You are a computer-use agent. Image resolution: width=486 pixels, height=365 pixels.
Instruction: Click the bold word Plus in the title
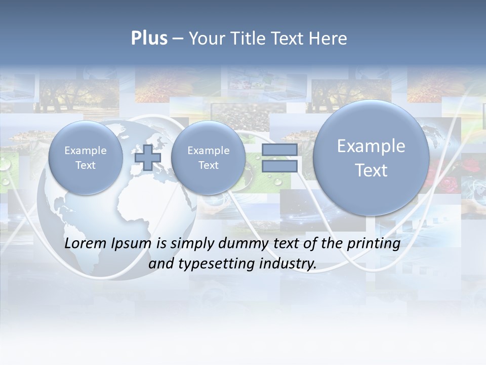tap(149, 39)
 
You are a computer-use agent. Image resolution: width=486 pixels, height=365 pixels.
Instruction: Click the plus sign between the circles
tap(148, 158)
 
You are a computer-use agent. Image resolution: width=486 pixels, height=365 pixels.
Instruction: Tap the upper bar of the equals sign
tap(279, 150)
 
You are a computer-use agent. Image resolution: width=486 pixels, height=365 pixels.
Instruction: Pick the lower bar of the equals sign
tap(279, 166)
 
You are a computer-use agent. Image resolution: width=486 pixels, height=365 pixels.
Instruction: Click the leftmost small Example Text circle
tap(86, 158)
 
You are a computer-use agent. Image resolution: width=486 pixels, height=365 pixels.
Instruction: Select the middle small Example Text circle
tap(208, 158)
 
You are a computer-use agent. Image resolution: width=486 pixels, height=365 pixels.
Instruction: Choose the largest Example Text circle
tap(371, 158)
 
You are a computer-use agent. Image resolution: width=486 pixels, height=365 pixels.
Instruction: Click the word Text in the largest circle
tap(371, 170)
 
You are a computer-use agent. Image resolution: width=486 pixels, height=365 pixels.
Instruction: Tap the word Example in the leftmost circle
tap(86, 151)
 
